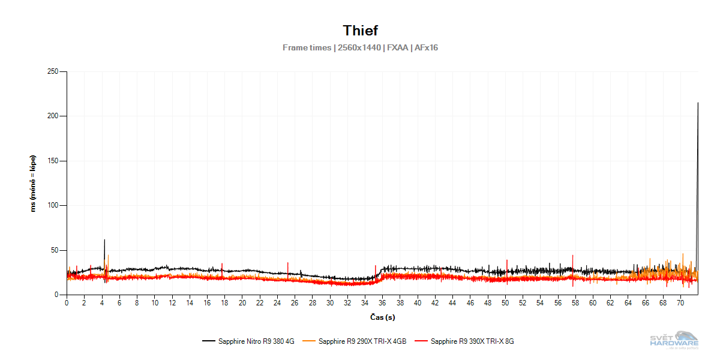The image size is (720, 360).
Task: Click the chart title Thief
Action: point(360,30)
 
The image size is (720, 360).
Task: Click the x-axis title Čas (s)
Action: point(382,317)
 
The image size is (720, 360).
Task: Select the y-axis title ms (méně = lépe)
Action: point(34,184)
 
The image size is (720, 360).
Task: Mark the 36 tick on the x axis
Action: point(382,303)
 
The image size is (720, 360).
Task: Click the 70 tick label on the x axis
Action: point(680,303)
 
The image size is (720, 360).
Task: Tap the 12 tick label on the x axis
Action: point(172,303)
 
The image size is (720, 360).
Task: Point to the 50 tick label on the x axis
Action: point(505,303)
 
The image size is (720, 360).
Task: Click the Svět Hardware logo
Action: point(675,340)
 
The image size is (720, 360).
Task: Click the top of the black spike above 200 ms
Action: point(698,103)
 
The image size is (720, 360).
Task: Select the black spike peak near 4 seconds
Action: point(104,240)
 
